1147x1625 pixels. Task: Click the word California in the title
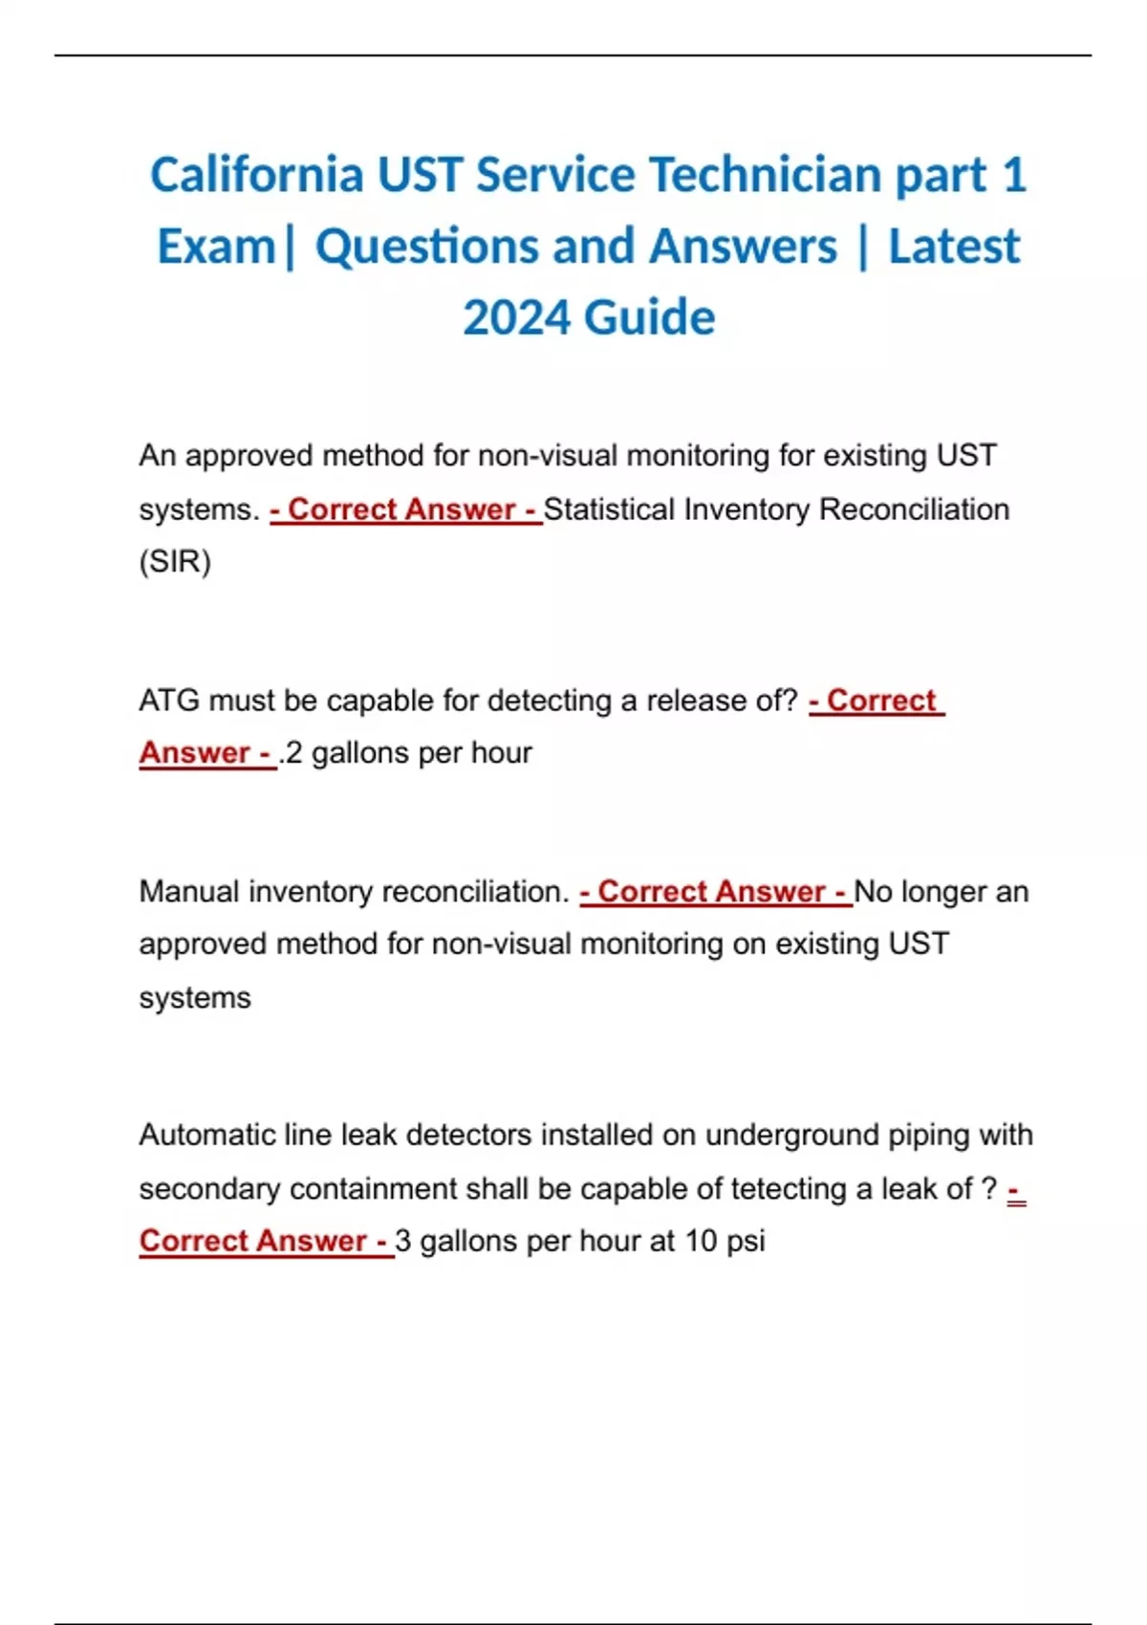[256, 176]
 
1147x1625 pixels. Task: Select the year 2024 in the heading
[516, 317]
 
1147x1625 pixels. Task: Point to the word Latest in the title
[954, 247]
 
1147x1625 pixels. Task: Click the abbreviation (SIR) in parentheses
[175, 561]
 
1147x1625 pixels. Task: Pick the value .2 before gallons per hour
[291, 753]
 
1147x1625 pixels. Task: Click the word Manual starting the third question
[188, 892]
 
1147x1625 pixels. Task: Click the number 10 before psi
[701, 1241]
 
